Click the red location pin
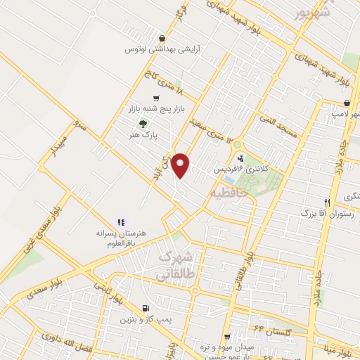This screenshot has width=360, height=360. click(182, 165)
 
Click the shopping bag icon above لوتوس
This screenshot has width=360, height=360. click(163, 38)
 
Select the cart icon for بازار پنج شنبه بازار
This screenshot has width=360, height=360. click(155, 98)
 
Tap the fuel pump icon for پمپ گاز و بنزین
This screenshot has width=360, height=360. click(146, 308)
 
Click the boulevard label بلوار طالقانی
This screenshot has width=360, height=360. click(243, 271)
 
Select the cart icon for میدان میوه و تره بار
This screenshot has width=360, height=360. click(226, 337)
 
